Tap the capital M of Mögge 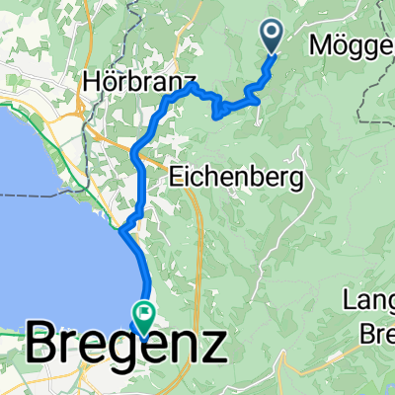(x=319, y=45)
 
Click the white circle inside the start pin (x=273, y=33)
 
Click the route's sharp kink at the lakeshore (x=120, y=231)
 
